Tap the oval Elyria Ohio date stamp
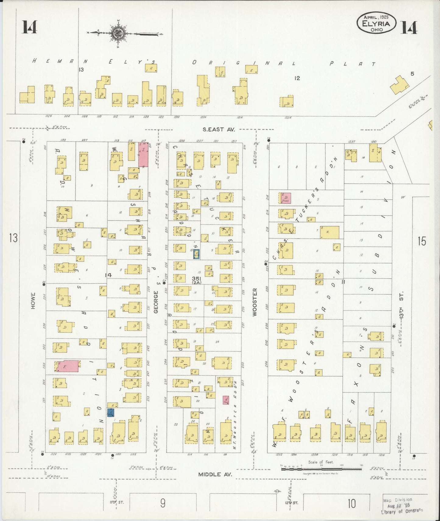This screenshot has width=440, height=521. click(377, 23)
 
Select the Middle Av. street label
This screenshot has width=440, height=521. click(215, 474)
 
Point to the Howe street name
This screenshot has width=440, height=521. click(33, 301)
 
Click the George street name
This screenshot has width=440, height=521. click(156, 302)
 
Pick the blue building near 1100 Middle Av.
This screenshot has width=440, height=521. click(111, 413)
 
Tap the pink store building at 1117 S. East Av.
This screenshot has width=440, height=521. click(143, 154)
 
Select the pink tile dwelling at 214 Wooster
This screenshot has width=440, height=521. click(286, 198)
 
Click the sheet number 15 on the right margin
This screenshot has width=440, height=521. click(421, 241)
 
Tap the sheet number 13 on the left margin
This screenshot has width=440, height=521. click(13, 238)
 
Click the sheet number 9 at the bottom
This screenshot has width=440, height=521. click(163, 503)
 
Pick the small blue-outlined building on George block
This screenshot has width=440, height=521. click(196, 254)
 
